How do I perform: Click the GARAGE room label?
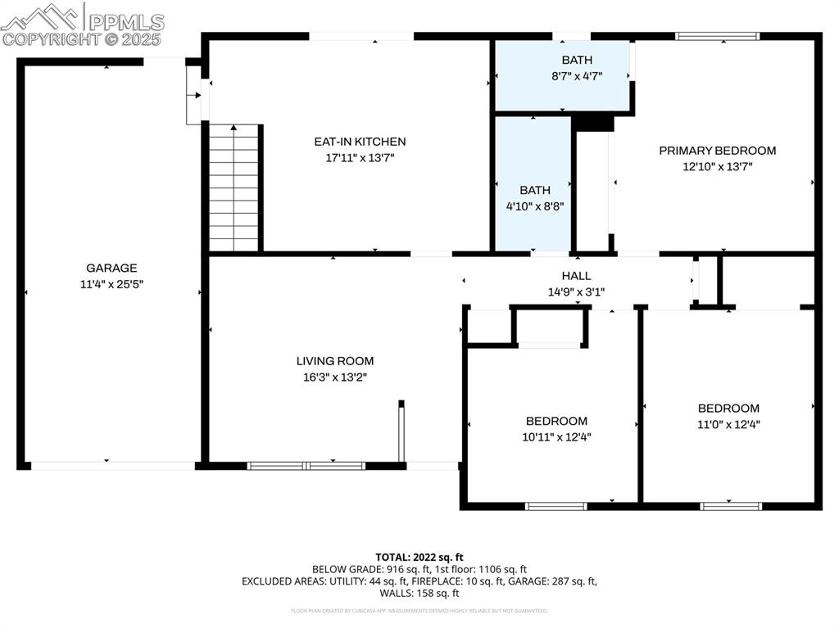click(x=111, y=268)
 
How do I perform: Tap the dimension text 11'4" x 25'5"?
click(x=111, y=284)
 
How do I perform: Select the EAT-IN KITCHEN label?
click(x=360, y=142)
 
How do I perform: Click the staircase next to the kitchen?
click(x=234, y=188)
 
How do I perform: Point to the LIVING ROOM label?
click(x=334, y=361)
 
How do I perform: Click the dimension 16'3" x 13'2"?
click(x=334, y=377)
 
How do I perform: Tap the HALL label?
click(x=576, y=276)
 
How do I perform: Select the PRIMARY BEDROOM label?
click(x=717, y=151)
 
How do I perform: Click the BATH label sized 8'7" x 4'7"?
click(x=576, y=60)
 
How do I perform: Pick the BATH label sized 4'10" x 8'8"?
click(x=534, y=190)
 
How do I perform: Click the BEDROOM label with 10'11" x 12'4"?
click(x=556, y=421)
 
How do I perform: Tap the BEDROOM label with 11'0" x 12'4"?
click(x=728, y=409)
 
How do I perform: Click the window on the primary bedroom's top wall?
click(x=717, y=36)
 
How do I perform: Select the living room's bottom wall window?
click(x=306, y=466)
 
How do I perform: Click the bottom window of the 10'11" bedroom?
click(x=556, y=506)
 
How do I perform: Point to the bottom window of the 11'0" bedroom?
click(x=731, y=506)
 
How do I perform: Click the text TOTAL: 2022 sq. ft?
click(x=419, y=556)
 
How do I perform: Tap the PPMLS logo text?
click(x=125, y=22)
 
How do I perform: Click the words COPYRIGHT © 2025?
click(x=82, y=38)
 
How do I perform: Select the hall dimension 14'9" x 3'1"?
click(x=576, y=291)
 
